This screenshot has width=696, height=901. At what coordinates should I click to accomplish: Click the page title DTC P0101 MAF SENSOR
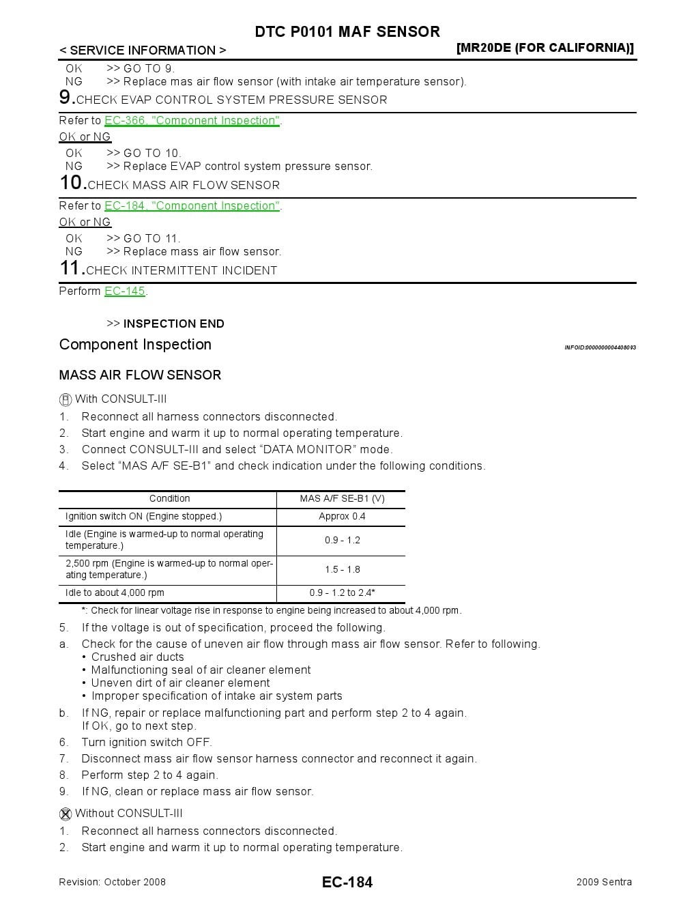347,31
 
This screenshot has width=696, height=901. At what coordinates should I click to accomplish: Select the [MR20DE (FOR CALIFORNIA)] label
545,48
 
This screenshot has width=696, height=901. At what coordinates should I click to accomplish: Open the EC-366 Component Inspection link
192,121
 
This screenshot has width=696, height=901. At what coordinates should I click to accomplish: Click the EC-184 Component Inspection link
192,206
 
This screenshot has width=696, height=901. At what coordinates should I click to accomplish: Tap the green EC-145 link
125,291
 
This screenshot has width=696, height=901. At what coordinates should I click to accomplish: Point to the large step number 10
72,183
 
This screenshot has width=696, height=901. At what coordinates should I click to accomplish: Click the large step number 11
71,268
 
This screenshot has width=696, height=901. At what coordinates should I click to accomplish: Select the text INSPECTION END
173,324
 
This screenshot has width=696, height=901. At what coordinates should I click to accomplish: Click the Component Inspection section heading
135,345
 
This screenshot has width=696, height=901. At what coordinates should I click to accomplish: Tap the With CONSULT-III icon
66,400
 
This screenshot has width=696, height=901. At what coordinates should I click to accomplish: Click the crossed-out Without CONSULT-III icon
66,814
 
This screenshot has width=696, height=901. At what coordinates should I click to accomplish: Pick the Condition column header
169,499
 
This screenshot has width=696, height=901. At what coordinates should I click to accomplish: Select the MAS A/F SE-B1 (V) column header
342,499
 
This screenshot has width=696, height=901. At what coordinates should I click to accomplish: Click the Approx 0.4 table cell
342,517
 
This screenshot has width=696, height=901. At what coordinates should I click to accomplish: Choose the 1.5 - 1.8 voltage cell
342,569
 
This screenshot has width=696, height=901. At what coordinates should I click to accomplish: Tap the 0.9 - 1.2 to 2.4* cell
342,593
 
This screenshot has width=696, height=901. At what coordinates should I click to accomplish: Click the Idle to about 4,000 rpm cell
115,593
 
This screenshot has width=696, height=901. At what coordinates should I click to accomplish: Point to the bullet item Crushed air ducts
137,657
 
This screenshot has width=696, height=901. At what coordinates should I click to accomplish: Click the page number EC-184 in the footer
347,882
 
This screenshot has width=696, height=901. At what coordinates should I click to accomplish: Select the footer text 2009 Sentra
604,882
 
